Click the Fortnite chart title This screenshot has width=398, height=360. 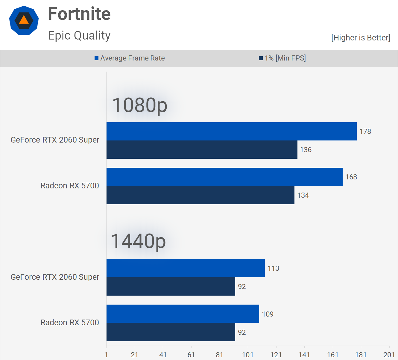click(x=79, y=14)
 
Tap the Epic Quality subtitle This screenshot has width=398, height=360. click(x=79, y=35)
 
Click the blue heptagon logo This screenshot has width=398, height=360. click(x=24, y=20)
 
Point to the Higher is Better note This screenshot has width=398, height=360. click(x=361, y=38)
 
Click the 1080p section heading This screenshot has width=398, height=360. click(x=139, y=105)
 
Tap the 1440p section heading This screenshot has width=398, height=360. click(x=138, y=241)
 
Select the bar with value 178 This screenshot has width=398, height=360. click(x=231, y=131)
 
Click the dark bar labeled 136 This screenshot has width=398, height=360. click(x=202, y=150)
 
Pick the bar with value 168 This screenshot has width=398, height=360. click(x=224, y=177)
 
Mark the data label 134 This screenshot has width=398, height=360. click(x=303, y=195)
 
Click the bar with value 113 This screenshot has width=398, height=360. click(x=186, y=268)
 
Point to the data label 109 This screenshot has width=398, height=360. click(x=268, y=314)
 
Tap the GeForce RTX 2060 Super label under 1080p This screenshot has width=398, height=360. click(x=55, y=140)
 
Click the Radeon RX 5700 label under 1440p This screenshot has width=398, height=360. click(x=70, y=323)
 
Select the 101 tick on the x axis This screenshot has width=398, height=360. click(x=248, y=355)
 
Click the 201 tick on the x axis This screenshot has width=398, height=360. click(x=389, y=355)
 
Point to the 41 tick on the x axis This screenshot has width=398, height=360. click(x=163, y=355)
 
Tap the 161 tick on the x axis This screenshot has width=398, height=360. click(x=332, y=355)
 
